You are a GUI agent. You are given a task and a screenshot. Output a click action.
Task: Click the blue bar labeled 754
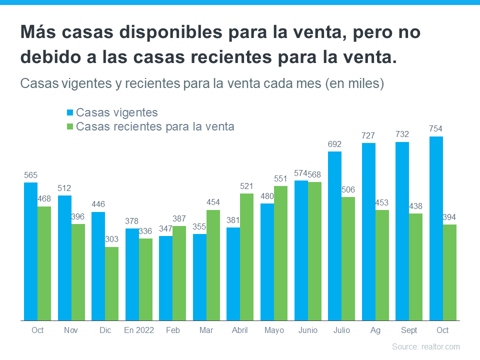436,228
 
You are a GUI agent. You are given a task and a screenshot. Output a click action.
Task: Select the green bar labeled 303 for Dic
111,283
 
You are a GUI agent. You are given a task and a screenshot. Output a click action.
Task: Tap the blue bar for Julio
334,236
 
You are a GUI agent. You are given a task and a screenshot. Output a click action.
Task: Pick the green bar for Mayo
280,253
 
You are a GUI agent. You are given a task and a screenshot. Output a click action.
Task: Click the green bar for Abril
247,257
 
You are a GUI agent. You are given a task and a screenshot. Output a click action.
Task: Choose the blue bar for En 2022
132,274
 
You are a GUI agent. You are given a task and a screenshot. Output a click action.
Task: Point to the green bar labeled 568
314,251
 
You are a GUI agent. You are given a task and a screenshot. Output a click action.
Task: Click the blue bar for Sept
402,231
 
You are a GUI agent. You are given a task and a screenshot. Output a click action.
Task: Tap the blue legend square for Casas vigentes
69,112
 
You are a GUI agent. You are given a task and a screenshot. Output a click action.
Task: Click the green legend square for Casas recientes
69,126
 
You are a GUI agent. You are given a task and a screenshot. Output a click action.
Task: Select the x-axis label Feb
173,330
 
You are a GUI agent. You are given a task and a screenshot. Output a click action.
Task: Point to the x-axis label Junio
308,330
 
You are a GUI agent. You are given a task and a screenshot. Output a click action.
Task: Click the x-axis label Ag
375,330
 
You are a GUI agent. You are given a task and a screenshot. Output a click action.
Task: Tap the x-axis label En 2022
139,330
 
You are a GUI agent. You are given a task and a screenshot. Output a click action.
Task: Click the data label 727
368,135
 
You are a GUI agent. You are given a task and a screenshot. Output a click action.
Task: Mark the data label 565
30,175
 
